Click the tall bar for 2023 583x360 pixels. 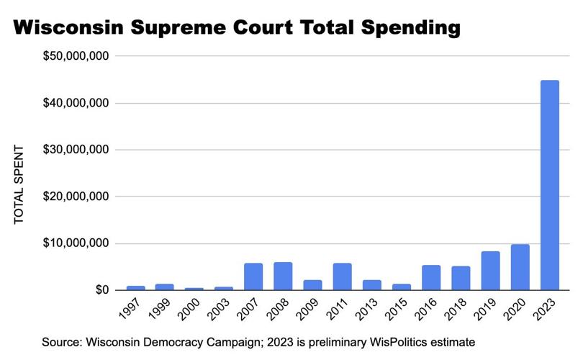tap(549, 185)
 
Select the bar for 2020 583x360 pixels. tap(520, 267)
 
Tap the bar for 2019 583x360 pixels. tap(490, 271)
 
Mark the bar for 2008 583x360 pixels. tap(283, 276)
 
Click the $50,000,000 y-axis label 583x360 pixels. tap(76, 56)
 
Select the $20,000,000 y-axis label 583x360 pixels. tap(76, 197)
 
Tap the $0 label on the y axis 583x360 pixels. tap(99, 290)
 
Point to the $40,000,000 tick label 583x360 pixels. tap(76, 103)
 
